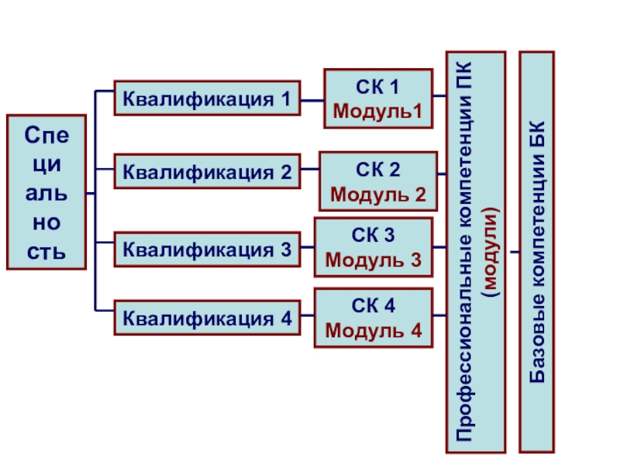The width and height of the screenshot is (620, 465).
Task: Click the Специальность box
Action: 46,192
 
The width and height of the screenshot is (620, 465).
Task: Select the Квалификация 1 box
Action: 207,98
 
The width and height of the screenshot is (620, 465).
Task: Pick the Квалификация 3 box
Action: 207,249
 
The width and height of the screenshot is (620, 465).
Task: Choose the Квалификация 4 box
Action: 207,317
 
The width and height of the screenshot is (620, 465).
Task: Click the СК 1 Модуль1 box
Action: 378,98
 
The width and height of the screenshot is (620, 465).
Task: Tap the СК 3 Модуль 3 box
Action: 373,247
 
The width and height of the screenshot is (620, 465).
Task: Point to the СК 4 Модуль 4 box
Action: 373,318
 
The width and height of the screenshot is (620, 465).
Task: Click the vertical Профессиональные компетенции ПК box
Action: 476,252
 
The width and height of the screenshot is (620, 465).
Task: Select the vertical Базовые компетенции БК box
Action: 536,252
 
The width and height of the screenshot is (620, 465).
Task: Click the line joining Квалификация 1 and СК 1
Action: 312,99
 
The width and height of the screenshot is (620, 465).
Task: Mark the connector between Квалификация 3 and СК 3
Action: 307,249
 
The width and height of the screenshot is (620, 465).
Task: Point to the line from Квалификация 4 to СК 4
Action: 307,317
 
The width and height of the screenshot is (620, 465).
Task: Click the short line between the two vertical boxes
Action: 512,252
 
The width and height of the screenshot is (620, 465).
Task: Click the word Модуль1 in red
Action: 378,112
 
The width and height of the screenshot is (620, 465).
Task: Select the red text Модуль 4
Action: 374,331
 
